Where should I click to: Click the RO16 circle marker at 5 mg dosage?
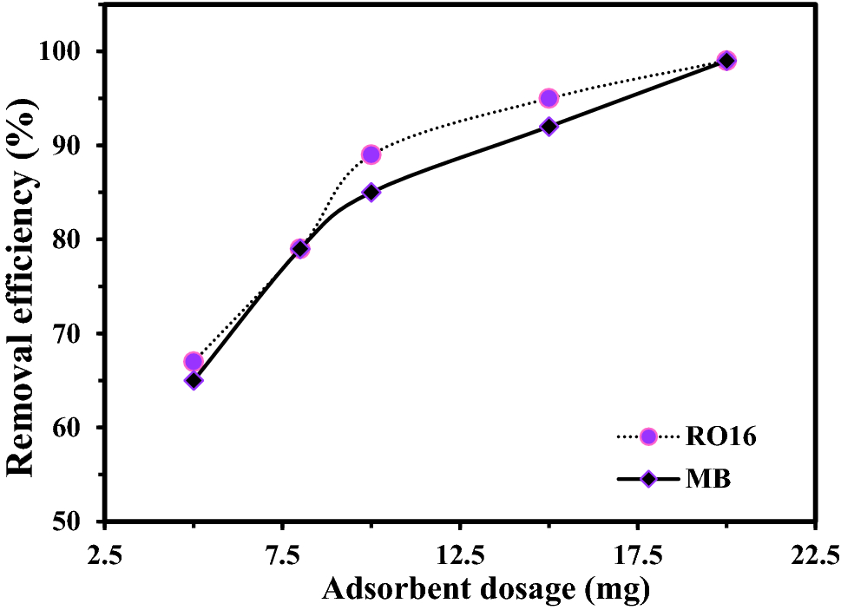[194, 362]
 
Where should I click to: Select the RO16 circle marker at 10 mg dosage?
[371, 154]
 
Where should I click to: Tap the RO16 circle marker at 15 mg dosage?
[549, 98]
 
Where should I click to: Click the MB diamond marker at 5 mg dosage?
[194, 380]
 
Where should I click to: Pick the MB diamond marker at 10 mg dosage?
[371, 192]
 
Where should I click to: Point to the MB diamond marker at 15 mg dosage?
[549, 127]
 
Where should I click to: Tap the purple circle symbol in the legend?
[647, 436]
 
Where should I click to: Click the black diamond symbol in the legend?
[647, 479]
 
